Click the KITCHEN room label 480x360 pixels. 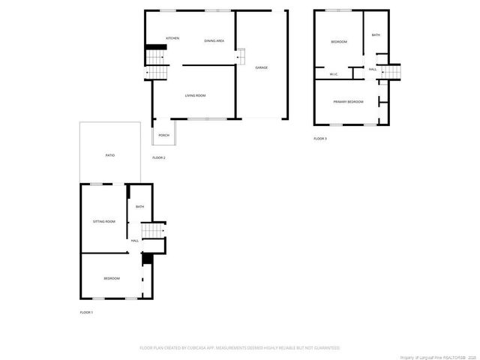click(x=172, y=38)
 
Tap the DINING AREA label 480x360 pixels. click(x=214, y=40)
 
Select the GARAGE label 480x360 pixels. click(x=261, y=67)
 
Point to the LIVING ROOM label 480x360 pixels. click(x=196, y=95)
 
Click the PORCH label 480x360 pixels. click(x=163, y=135)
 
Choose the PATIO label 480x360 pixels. click(x=109, y=155)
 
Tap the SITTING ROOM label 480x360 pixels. click(x=103, y=221)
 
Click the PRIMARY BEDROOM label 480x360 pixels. click(x=348, y=101)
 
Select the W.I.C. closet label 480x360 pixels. click(x=334, y=73)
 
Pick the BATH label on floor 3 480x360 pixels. click(x=375, y=34)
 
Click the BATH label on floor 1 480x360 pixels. click(x=139, y=207)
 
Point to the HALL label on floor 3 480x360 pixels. click(x=372, y=69)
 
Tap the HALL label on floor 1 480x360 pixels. click(x=135, y=241)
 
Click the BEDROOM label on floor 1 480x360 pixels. click(x=112, y=278)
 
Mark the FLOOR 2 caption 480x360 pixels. click(x=159, y=157)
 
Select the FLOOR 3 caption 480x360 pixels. click(x=320, y=139)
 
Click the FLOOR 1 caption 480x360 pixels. click(x=87, y=312)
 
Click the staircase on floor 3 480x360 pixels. click(x=391, y=72)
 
